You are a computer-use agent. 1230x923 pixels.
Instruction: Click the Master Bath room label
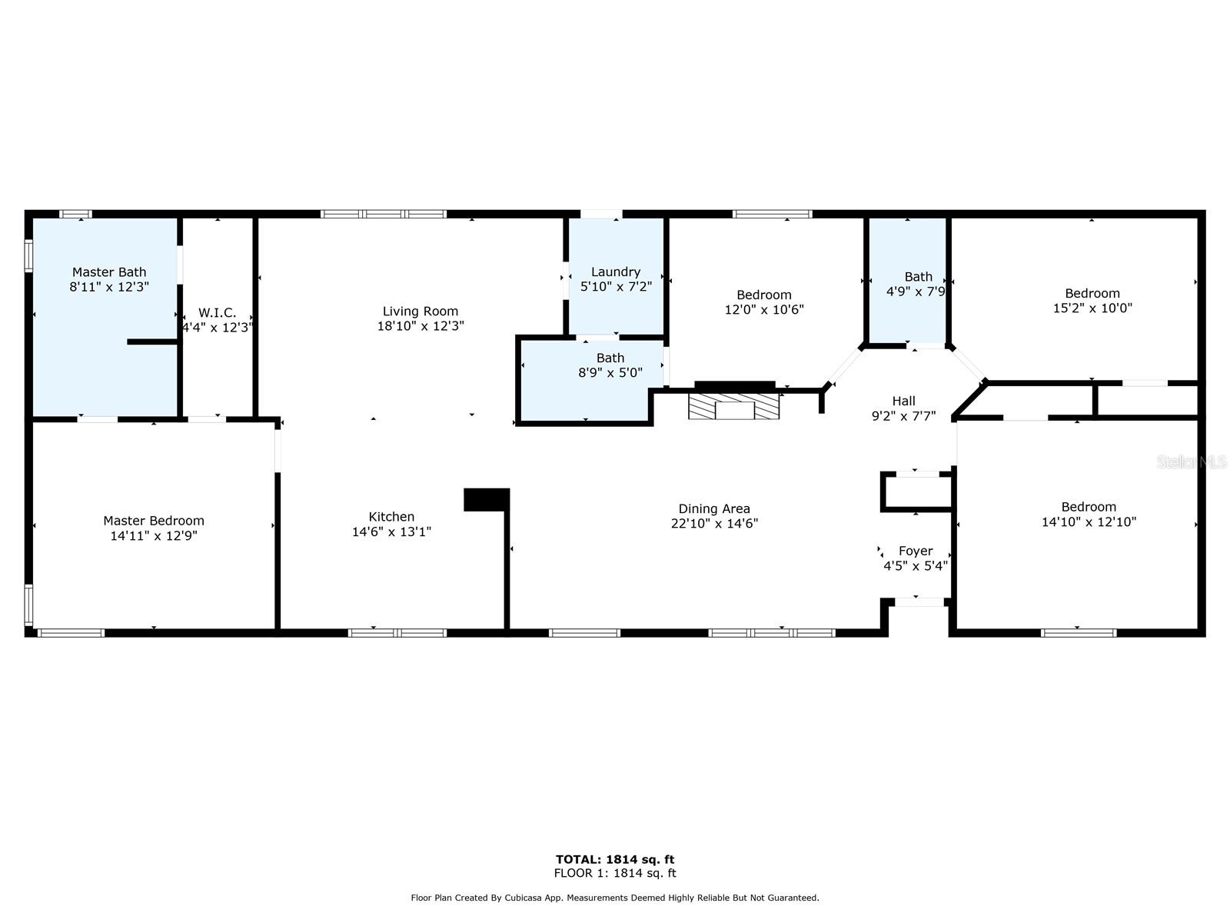pyautogui.click(x=109, y=272)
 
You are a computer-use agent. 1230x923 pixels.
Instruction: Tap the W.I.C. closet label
pyautogui.click(x=218, y=313)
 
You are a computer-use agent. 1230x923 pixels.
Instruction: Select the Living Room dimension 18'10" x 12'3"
pyautogui.click(x=421, y=326)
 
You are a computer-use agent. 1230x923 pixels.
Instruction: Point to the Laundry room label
pyautogui.click(x=616, y=272)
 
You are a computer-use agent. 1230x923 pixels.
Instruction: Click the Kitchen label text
pyautogui.click(x=392, y=517)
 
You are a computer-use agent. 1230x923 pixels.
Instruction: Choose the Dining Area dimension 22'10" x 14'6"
pyautogui.click(x=714, y=524)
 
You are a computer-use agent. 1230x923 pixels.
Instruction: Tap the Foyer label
pyautogui.click(x=916, y=551)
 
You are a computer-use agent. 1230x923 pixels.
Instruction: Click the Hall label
pyautogui.click(x=904, y=402)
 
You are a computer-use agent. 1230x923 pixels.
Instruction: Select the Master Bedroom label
pyautogui.click(x=154, y=521)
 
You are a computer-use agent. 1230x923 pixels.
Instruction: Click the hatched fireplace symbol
pyautogui.click(x=733, y=406)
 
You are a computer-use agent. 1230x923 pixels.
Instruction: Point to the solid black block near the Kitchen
pyautogui.click(x=487, y=500)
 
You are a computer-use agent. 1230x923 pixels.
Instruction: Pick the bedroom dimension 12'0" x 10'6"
pyautogui.click(x=764, y=310)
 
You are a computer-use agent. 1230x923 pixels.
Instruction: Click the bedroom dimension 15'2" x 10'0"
pyautogui.click(x=1092, y=308)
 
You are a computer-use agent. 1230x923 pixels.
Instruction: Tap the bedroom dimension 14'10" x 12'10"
pyautogui.click(x=1089, y=522)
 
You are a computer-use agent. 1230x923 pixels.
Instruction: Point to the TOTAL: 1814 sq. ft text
pyautogui.click(x=615, y=860)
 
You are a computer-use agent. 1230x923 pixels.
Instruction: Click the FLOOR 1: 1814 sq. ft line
pyautogui.click(x=615, y=873)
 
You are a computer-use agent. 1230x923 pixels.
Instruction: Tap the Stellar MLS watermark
pyautogui.click(x=1192, y=461)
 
